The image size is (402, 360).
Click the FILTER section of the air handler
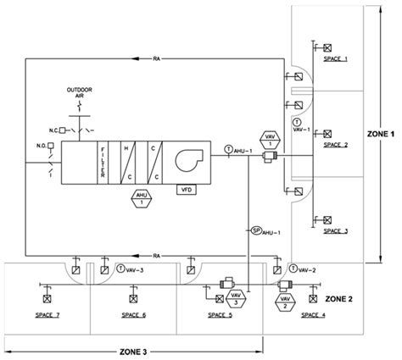(103, 158)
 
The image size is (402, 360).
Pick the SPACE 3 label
(336, 230)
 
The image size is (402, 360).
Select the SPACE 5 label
(220, 314)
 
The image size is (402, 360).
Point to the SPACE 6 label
(133, 314)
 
